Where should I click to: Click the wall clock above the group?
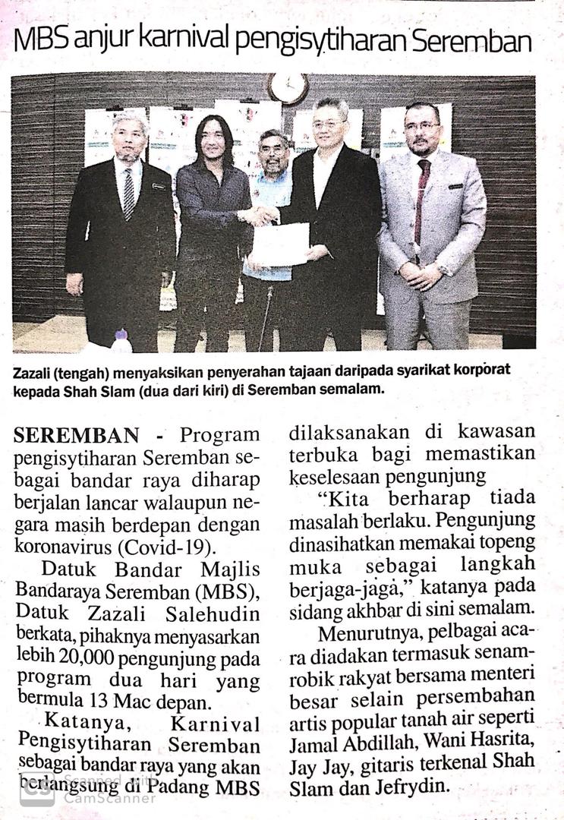pos(288,88)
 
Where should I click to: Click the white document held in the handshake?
pos(281,244)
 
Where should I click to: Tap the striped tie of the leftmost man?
pos(129,193)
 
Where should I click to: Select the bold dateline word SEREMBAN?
pos(76,435)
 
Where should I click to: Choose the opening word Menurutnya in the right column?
pos(364,632)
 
